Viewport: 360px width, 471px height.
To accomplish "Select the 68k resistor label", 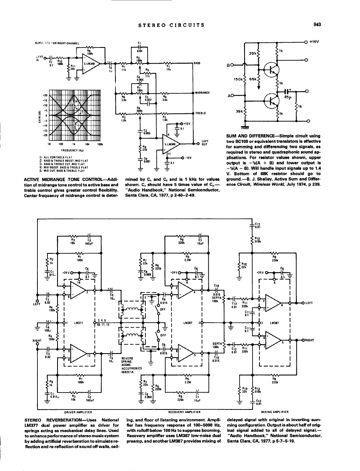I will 253,80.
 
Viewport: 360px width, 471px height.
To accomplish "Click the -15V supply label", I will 189,158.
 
